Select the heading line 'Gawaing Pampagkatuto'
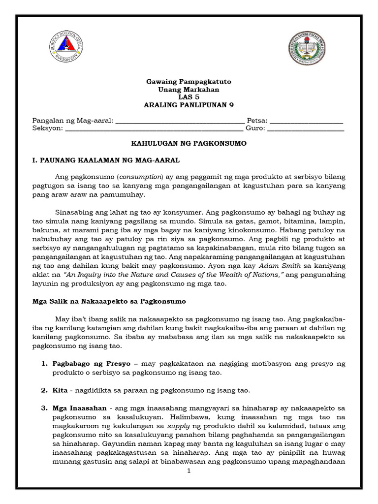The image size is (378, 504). click(189, 82)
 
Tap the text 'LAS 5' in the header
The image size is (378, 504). click(189, 98)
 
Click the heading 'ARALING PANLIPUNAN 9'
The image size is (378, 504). click(189, 107)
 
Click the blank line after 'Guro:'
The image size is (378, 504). click(305, 130)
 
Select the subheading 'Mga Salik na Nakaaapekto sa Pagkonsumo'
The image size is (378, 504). click(109, 301)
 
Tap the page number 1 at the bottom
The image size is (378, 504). click(189, 471)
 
